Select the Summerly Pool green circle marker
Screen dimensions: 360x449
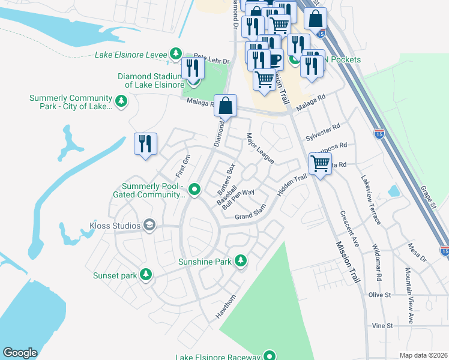tap(194, 190)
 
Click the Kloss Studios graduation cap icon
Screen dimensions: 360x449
tap(149, 226)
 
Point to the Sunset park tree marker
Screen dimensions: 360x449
tap(145, 274)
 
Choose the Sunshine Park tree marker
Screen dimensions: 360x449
tap(240, 260)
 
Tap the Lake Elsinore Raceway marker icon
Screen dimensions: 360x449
tap(270, 357)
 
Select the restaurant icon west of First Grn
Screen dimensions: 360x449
tap(145, 144)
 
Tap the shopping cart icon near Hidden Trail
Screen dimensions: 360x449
tap(320, 163)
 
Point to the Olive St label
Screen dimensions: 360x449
tap(379, 295)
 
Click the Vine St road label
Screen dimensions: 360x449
tap(382, 326)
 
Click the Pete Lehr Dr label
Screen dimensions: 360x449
tap(212, 61)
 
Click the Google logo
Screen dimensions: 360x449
tap(20, 353)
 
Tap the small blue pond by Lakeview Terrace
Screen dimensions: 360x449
tap(394, 191)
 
